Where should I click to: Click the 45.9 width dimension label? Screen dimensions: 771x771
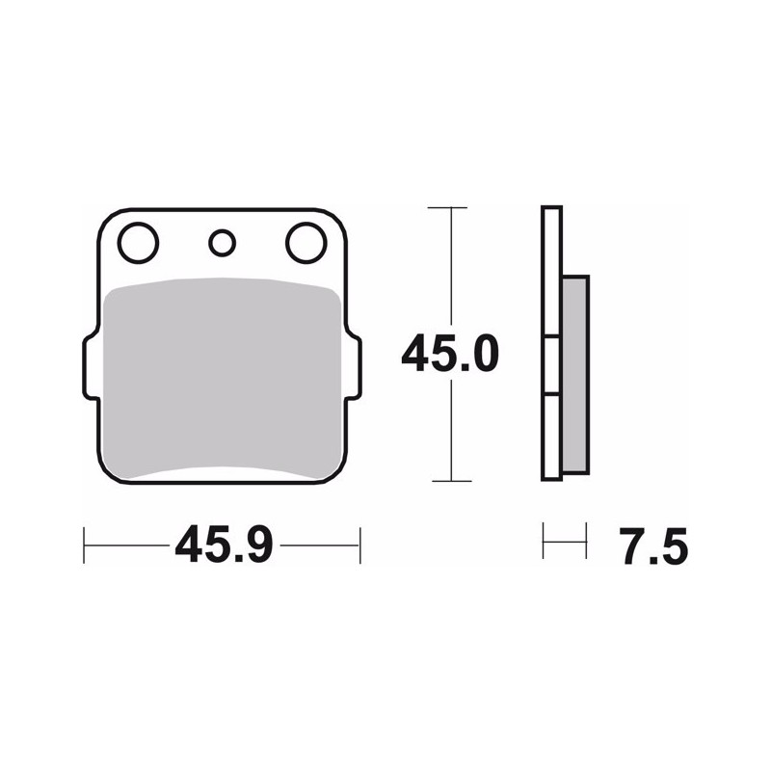point(225,545)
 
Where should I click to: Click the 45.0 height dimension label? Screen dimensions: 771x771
point(450,353)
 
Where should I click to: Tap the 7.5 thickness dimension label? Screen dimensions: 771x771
point(655,546)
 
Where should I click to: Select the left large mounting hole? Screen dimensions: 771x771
point(138,243)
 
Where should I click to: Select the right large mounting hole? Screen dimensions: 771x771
point(306,243)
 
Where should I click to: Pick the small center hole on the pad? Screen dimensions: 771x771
point(223,243)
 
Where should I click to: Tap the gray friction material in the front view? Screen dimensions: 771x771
point(224,378)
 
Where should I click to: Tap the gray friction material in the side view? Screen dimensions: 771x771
point(574,375)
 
